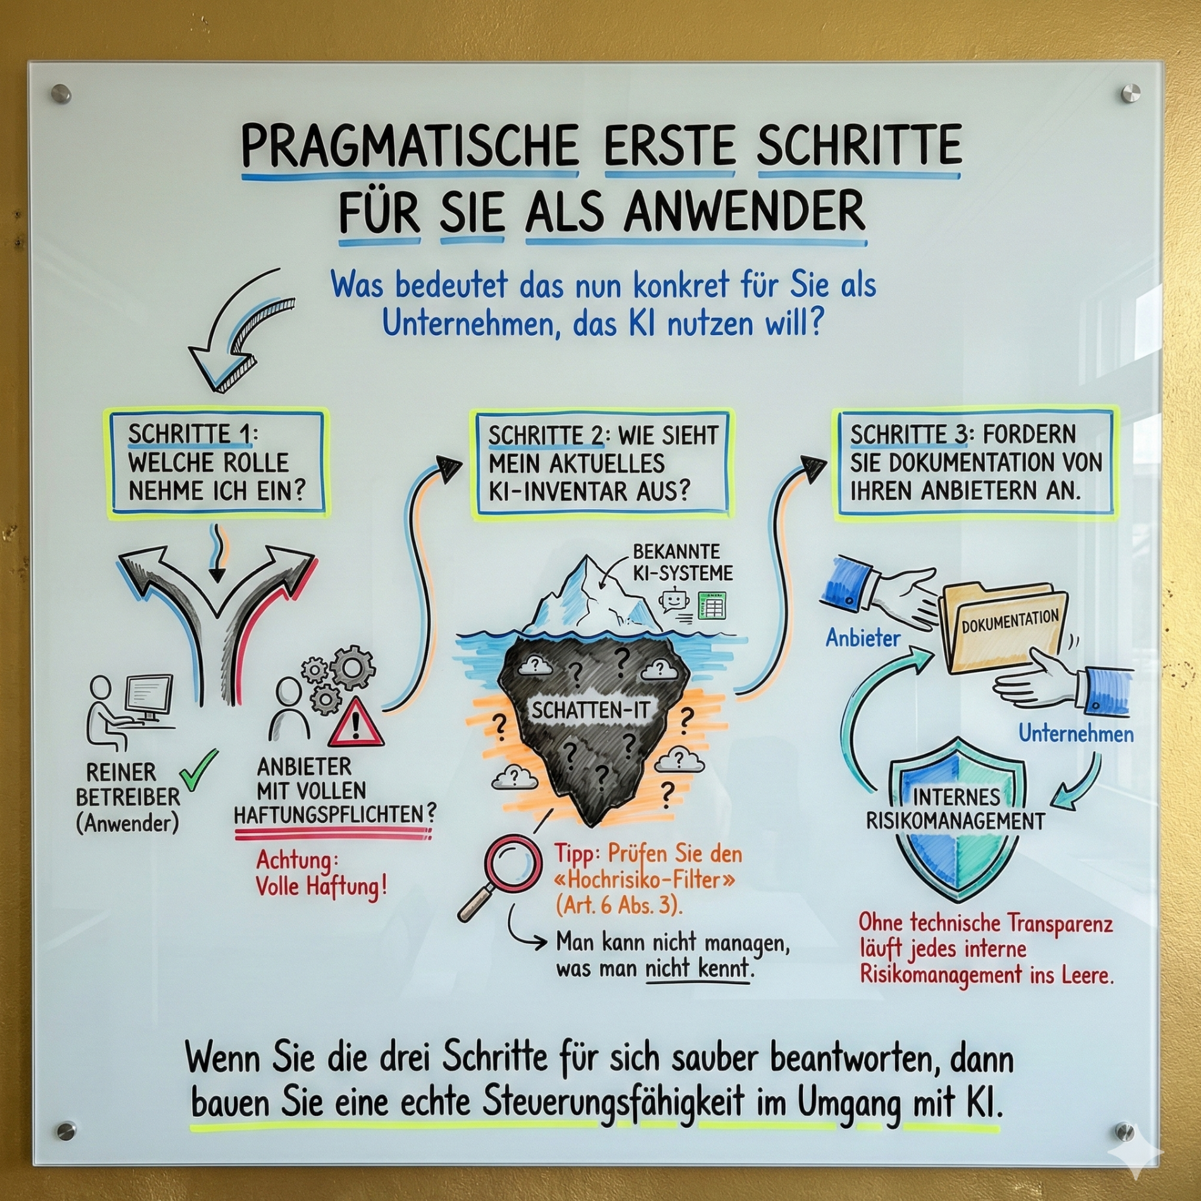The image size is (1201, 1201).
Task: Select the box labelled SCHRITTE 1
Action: click(x=217, y=463)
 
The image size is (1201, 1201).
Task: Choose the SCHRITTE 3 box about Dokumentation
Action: click(x=975, y=463)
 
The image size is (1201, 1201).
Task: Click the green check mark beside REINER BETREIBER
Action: click(x=198, y=770)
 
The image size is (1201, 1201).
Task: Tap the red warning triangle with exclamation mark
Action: click(x=357, y=724)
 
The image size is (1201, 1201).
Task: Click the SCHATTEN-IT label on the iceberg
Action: click(x=590, y=710)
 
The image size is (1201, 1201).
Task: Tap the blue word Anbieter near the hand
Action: click(x=862, y=638)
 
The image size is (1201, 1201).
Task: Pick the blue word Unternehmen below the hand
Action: click(x=1076, y=734)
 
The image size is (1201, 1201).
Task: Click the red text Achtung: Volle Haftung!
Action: click(x=321, y=873)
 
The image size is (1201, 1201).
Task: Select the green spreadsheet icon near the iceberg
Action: click(x=711, y=605)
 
